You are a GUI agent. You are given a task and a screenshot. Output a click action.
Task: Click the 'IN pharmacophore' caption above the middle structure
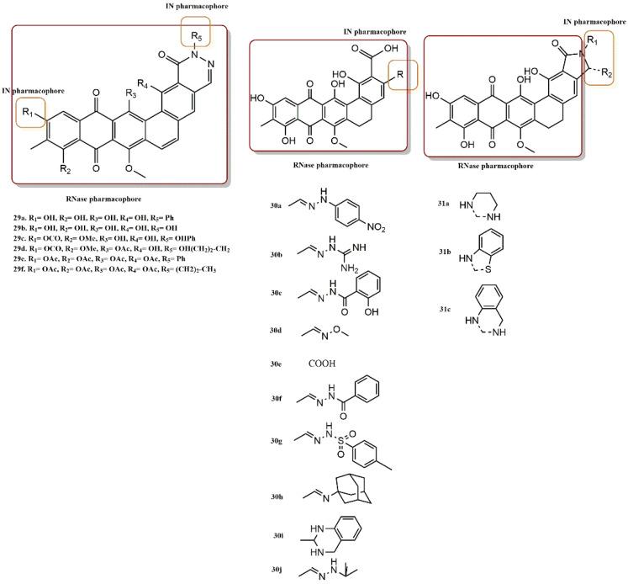[x=345, y=31]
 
